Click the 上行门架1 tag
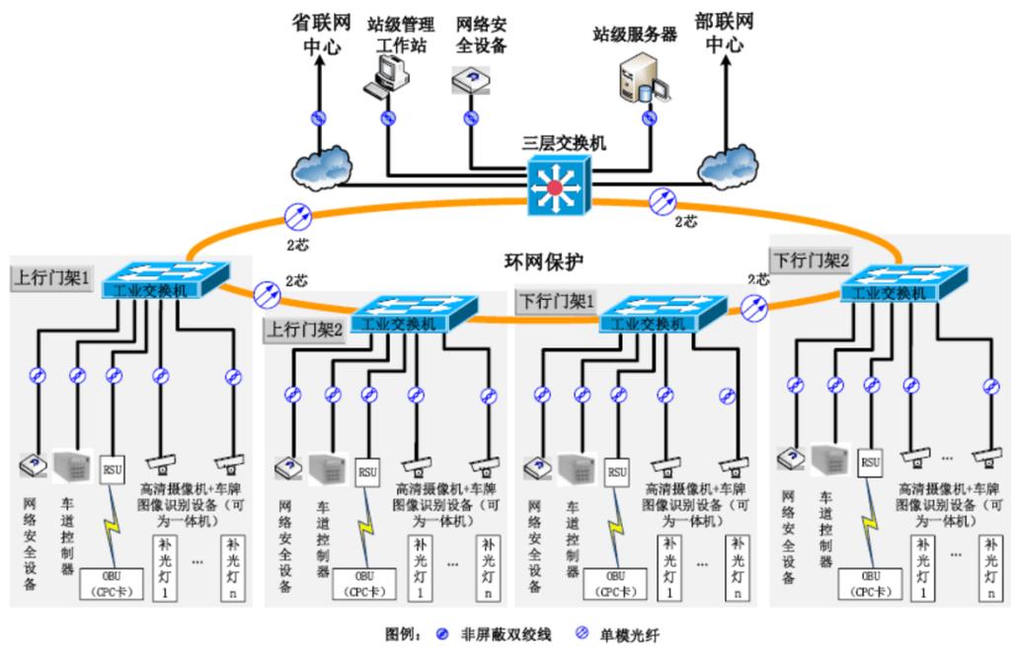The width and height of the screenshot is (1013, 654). coord(50,278)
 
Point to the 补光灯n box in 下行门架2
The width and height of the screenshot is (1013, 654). coord(990,567)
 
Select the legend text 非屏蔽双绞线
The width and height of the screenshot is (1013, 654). coord(504,636)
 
